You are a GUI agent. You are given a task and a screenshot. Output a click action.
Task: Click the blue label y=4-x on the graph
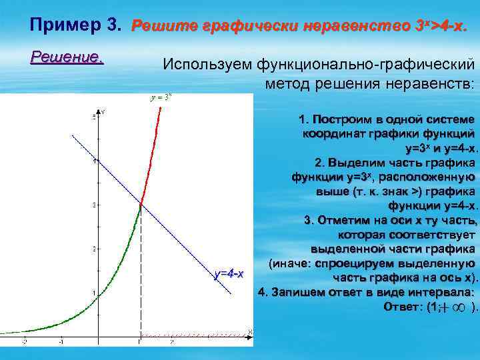pyautogui.click(x=229, y=274)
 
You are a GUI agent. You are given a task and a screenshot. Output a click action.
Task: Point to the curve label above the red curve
pyautogui.click(x=161, y=97)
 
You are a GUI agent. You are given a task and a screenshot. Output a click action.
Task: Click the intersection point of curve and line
pyautogui.click(x=141, y=204)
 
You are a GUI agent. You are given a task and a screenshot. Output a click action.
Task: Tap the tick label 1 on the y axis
pyautogui.click(x=94, y=293)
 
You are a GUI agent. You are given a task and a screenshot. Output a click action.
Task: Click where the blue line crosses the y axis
pyautogui.click(x=99, y=161)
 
